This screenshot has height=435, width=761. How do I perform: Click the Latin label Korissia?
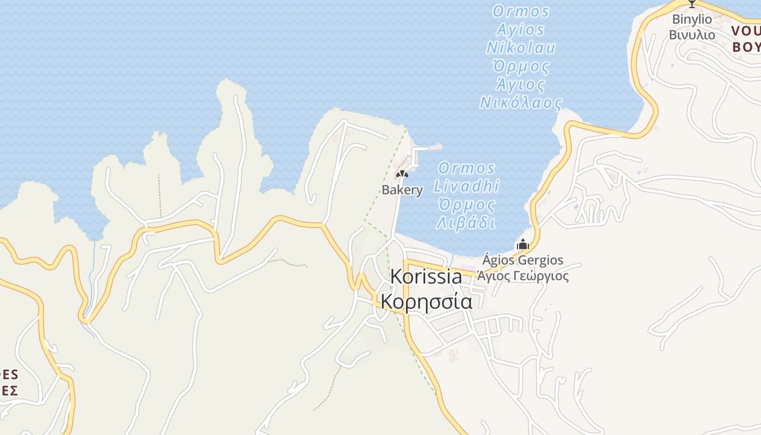click(426, 276)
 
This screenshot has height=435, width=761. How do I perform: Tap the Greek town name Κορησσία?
click(426, 301)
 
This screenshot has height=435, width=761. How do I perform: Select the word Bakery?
click(402, 190)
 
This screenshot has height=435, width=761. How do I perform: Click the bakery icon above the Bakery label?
click(402, 174)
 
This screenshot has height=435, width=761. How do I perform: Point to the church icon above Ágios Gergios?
click(523, 244)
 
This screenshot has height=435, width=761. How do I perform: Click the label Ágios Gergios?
click(523, 260)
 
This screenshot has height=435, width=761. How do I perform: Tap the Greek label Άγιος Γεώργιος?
click(523, 276)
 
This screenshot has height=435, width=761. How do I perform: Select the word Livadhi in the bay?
click(466, 186)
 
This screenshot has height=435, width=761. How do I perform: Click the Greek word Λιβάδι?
click(466, 223)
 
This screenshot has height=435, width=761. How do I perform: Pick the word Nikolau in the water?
click(521, 48)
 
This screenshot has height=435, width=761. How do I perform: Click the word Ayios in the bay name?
click(521, 29)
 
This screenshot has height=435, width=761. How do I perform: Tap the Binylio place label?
click(692, 19)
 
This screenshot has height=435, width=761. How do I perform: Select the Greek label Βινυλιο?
click(692, 34)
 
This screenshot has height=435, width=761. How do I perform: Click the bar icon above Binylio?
click(692, 4)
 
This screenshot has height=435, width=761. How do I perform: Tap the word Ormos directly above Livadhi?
click(466, 168)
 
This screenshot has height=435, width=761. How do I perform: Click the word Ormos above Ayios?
click(521, 11)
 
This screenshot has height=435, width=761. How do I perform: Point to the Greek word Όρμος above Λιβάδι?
click(466, 205)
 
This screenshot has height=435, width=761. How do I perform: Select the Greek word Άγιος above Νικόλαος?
click(521, 85)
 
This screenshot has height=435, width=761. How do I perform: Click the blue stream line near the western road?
click(93, 256)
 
